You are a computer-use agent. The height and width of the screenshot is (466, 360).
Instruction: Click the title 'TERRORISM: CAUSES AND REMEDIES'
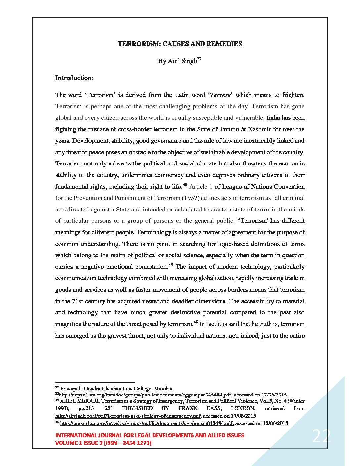(x=180, y=44)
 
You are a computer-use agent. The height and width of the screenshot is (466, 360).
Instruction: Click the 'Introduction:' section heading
(x=74, y=78)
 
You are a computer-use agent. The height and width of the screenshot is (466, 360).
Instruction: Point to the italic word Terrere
(x=220, y=95)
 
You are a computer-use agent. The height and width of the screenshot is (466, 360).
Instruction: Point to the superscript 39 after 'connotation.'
(x=171, y=265)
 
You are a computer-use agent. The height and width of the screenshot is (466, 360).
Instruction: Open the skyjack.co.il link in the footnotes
(x=128, y=416)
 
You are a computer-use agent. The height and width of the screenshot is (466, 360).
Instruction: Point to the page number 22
(x=321, y=437)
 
